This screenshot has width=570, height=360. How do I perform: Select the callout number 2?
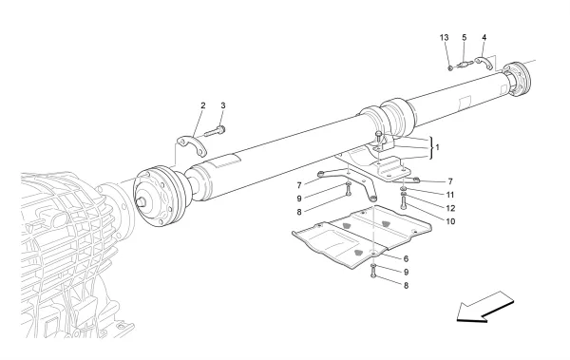(202, 104)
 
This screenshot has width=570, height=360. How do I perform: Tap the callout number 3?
(223, 104)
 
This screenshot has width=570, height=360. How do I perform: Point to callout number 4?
(484, 39)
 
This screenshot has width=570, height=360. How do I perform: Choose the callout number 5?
(464, 39)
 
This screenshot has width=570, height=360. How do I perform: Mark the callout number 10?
(424, 220)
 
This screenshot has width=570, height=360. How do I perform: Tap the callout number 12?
(424, 207)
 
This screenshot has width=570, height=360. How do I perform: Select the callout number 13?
(444, 39)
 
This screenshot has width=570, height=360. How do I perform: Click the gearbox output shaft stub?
(144, 201)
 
